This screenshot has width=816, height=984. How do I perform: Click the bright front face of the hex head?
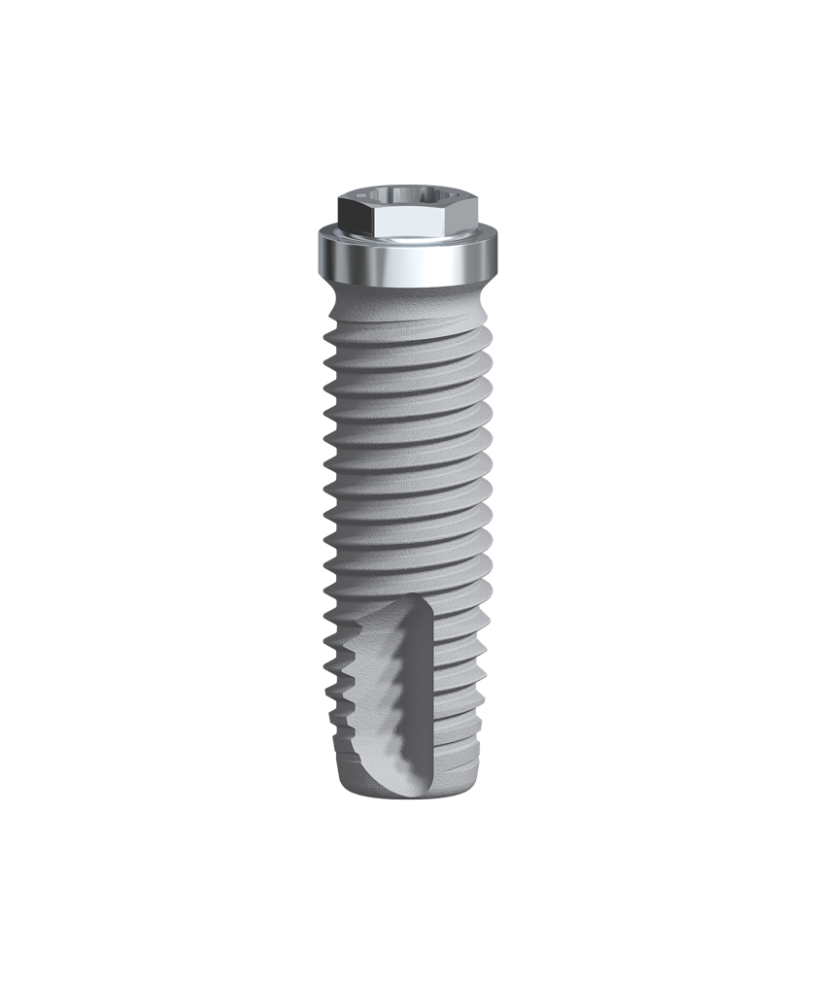click(x=406, y=225)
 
